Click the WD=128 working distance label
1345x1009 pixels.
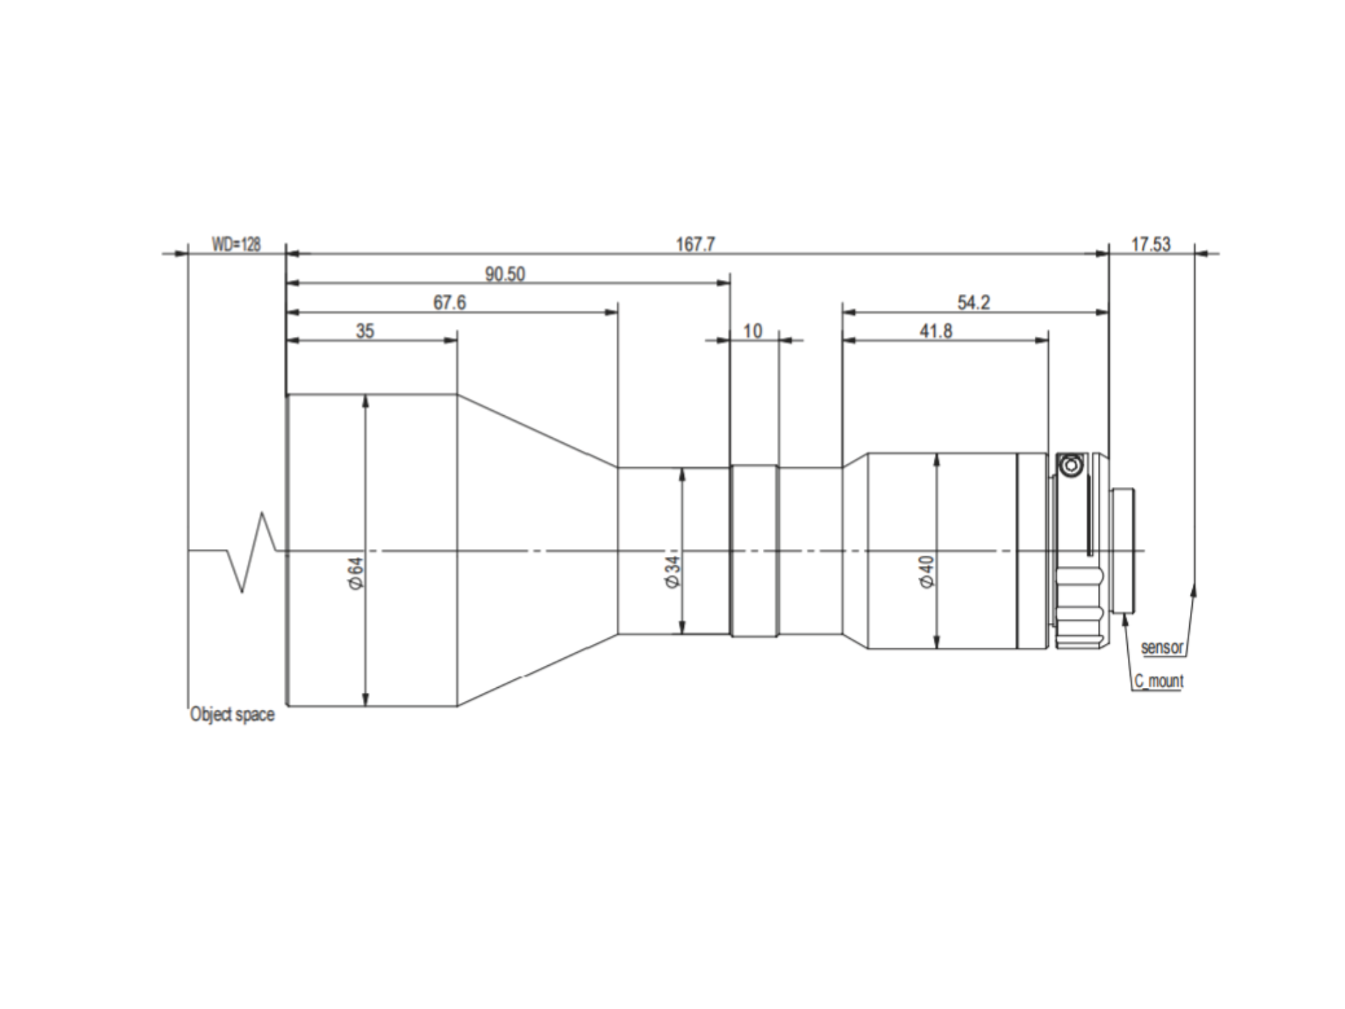236,244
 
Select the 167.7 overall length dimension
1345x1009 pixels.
695,244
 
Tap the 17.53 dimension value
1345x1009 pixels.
1151,244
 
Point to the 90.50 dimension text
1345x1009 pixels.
505,274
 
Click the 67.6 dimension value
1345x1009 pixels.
450,303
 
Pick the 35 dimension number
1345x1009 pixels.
365,331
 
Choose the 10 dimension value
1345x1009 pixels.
752,331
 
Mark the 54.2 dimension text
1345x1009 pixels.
974,303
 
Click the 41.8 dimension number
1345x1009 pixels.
936,331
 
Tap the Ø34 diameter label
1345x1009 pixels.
672,572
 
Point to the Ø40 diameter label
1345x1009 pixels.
927,572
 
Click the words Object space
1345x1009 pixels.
232,714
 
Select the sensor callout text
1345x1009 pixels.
1162,647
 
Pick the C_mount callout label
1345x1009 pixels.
1159,681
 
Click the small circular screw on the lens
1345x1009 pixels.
1070,467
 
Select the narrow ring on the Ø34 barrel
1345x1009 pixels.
754,550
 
